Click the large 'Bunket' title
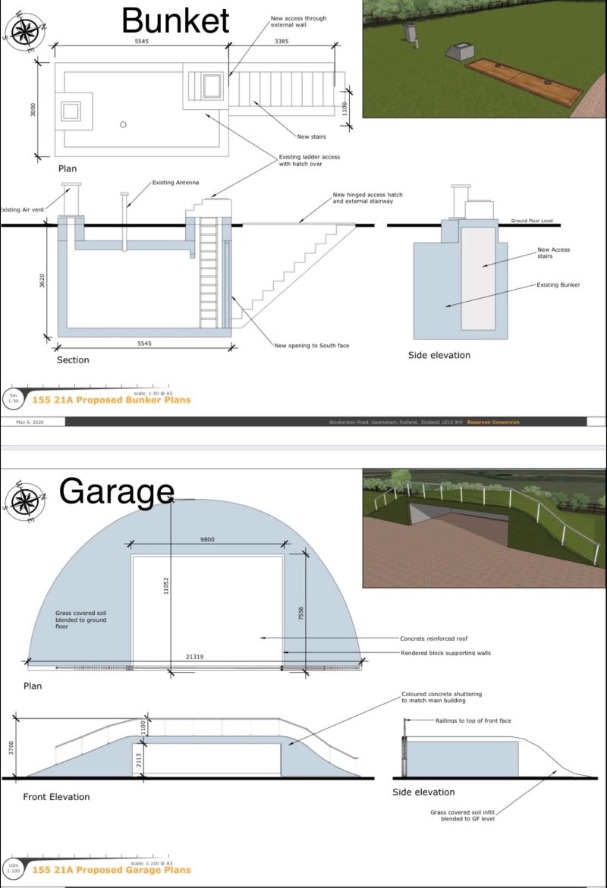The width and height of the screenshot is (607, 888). click(x=175, y=20)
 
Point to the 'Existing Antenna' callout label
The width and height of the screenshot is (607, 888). click(x=174, y=182)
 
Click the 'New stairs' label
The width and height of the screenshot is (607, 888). click(x=312, y=136)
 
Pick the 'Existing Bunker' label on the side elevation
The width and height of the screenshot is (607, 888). click(x=558, y=285)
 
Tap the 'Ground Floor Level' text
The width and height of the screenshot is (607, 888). click(x=531, y=221)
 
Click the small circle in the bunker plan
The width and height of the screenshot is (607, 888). click(x=123, y=124)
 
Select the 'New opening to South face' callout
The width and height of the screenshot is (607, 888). click(x=312, y=346)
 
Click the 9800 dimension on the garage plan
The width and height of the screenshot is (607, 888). click(x=207, y=539)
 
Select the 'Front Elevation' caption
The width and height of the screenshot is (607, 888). click(x=56, y=797)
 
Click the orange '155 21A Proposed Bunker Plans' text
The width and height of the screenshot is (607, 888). click(x=111, y=400)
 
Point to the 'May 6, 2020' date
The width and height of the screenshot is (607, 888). click(x=19, y=422)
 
